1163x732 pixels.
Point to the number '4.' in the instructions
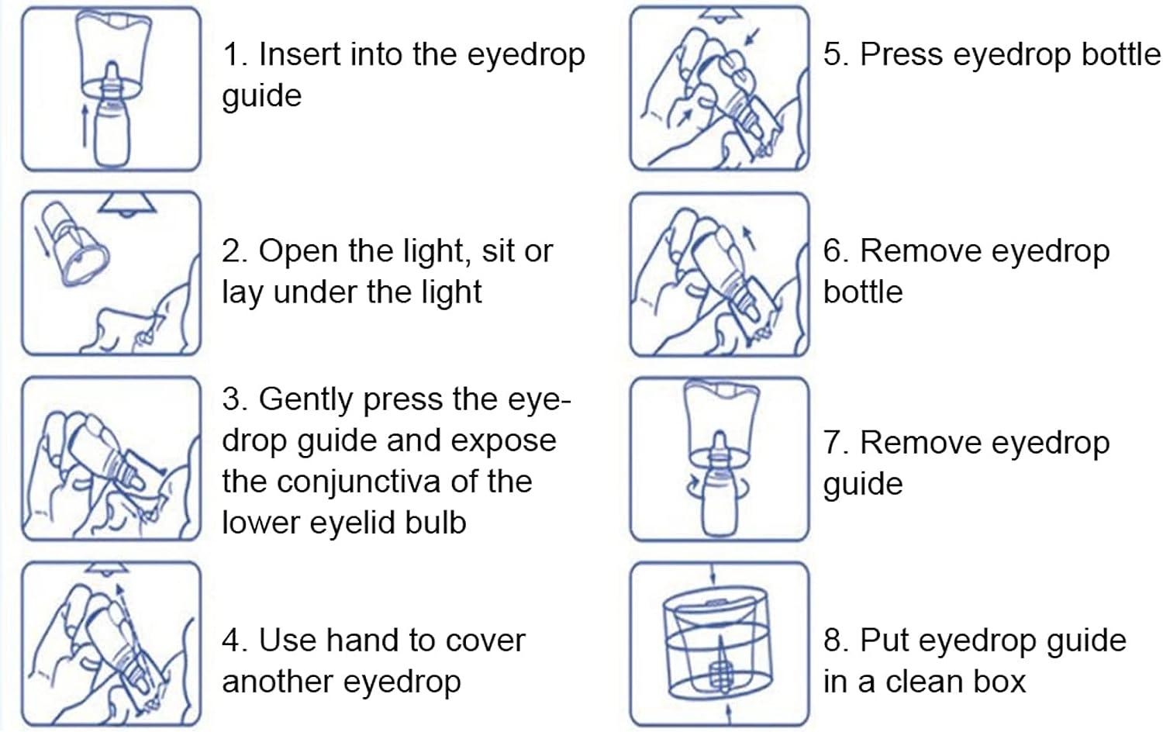[x=234, y=641]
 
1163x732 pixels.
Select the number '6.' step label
[x=836, y=251]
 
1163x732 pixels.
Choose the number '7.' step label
[x=836, y=443]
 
